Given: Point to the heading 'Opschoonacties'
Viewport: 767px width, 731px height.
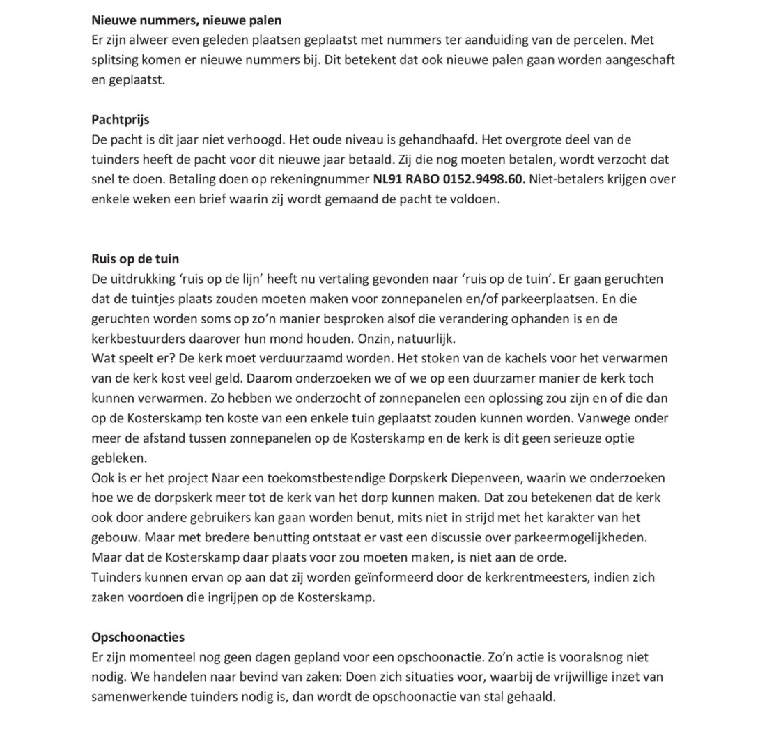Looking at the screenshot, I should [x=138, y=638].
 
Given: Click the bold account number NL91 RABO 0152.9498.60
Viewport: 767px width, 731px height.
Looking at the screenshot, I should [x=449, y=179].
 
